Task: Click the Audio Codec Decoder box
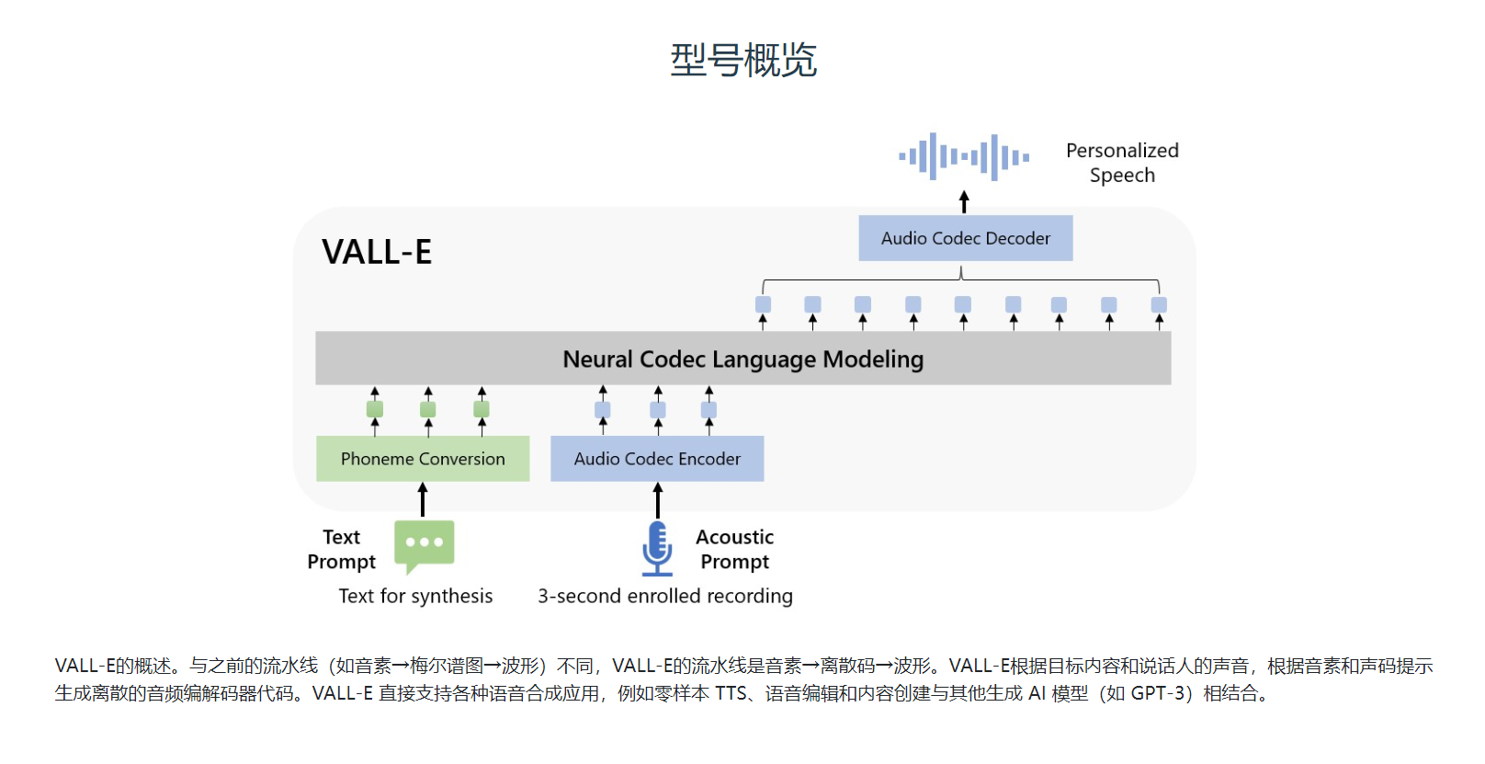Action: coord(965,238)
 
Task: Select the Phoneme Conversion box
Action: coord(423,459)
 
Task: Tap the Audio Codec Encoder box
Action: coord(657,459)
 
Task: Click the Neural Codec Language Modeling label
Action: coord(742,359)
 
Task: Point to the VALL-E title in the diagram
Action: coord(377,252)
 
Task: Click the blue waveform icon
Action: coord(964,156)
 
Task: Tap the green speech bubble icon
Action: coord(424,545)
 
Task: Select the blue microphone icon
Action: coord(657,548)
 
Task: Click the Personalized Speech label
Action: coord(1122,163)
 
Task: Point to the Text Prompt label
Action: coord(341,549)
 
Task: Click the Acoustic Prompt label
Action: coord(734,549)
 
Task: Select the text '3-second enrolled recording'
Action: coord(664,596)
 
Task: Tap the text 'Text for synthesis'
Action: coord(415,596)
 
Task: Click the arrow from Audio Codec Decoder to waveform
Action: coord(964,201)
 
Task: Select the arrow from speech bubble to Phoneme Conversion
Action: coord(423,500)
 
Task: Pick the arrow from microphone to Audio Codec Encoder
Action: coord(657,500)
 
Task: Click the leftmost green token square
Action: coord(375,409)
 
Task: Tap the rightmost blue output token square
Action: coord(1159,304)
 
